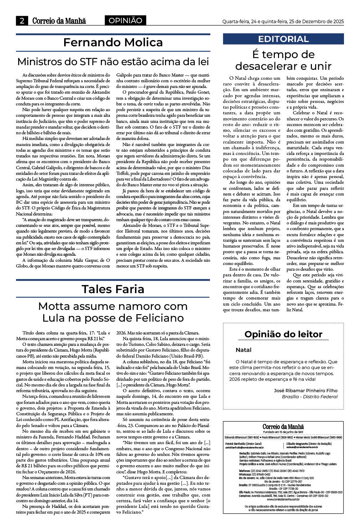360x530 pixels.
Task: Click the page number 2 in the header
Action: pyautogui.click(x=22, y=21)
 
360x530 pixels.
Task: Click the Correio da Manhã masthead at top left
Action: pyautogui.click(x=59, y=21)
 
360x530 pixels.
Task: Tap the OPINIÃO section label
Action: pyautogui.click(x=125, y=21)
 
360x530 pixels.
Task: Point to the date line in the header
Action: pyautogui.click(x=283, y=21)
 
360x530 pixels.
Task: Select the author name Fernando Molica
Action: pyautogui.click(x=113, y=42)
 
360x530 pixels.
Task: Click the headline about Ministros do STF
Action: pyautogui.click(x=113, y=62)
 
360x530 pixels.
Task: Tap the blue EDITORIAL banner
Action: pyautogui.click(x=283, y=39)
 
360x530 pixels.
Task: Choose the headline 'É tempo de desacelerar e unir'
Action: pyautogui.click(x=283, y=60)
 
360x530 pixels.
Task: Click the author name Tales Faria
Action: pyautogui.click(x=113, y=289)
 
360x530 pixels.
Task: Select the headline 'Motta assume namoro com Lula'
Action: pyautogui.click(x=113, y=312)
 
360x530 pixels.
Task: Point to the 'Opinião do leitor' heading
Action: pyautogui.click(x=283, y=334)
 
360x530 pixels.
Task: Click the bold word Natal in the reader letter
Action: pyautogui.click(x=243, y=350)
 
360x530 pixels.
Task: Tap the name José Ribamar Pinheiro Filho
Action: pyautogui.click(x=305, y=390)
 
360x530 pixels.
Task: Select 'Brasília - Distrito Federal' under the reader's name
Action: pyautogui.click(x=309, y=396)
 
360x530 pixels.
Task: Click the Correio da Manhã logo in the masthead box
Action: pyautogui.click(x=283, y=427)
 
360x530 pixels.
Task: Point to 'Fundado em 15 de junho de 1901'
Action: pyautogui.click(x=283, y=432)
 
